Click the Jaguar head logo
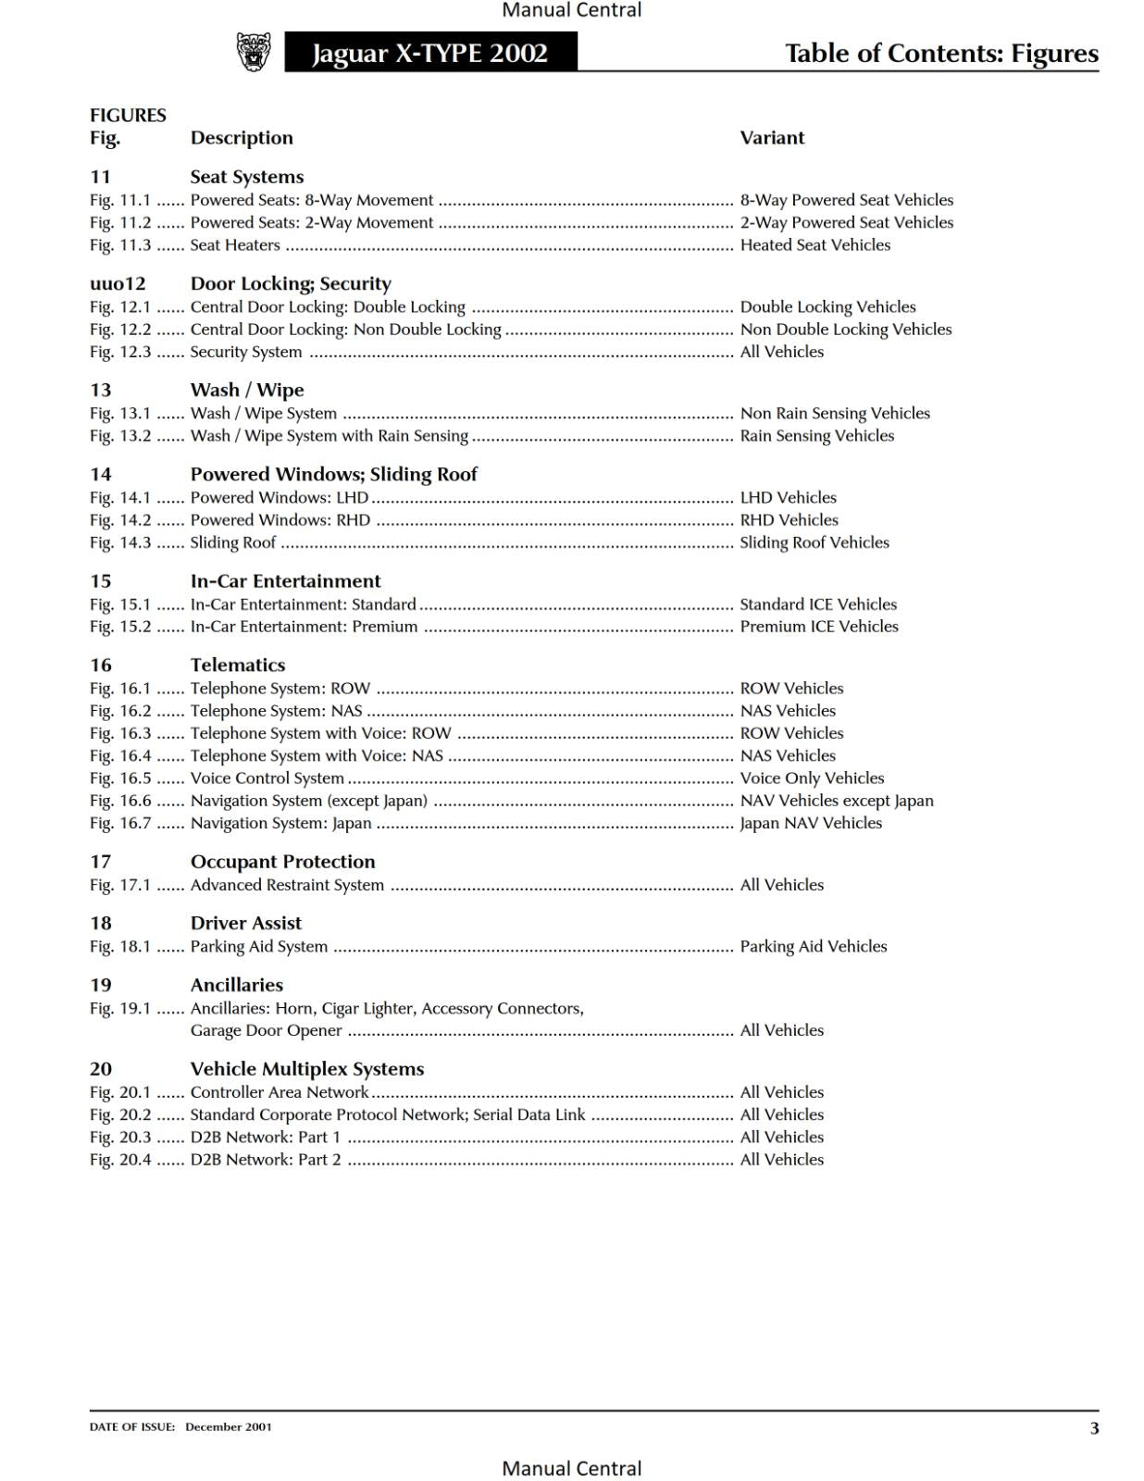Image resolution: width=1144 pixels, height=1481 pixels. tap(254, 52)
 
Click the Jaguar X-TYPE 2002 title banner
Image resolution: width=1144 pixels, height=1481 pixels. tap(430, 53)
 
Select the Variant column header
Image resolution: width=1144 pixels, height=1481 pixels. tap(772, 138)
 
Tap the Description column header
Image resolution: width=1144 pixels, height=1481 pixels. tap(242, 138)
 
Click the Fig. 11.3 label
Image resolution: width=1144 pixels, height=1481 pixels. tap(120, 245)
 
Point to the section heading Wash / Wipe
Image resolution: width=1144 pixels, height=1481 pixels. tap(247, 390)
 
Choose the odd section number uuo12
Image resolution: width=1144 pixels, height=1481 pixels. tap(118, 283)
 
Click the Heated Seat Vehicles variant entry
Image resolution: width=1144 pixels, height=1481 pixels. tap(814, 245)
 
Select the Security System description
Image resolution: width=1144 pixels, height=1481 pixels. tap(246, 352)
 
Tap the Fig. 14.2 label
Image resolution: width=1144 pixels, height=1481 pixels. tap(120, 520)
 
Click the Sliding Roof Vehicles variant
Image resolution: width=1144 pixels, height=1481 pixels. tap(814, 542)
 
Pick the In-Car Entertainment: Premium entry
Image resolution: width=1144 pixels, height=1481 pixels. tap(304, 627)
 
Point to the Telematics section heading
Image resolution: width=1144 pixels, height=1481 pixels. tap(238, 665)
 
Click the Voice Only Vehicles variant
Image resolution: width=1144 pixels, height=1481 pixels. tap(812, 778)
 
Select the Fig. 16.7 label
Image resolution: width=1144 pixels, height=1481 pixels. tap(120, 823)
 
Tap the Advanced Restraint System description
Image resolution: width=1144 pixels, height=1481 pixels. tap(287, 885)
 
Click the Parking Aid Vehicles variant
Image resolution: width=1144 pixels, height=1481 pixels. tap(813, 946)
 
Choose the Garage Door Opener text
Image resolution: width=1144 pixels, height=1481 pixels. tap(267, 1030)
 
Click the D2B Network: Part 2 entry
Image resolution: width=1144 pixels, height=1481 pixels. tap(266, 1160)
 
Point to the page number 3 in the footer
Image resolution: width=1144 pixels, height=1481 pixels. tap(1094, 1428)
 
